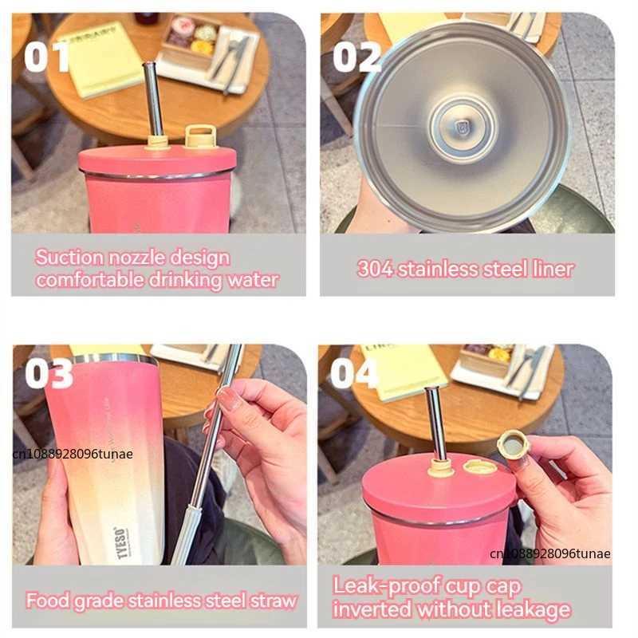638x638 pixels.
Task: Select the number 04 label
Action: point(354,372)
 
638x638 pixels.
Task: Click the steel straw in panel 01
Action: point(153,100)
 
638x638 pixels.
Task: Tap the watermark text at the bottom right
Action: point(549,553)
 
